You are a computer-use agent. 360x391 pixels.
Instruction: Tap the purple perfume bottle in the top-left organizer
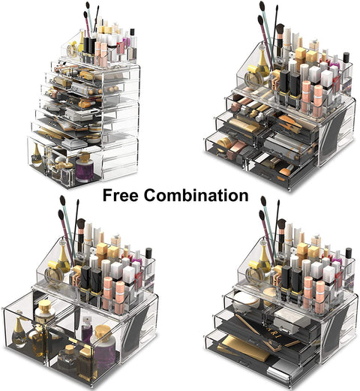pos(84,170)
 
